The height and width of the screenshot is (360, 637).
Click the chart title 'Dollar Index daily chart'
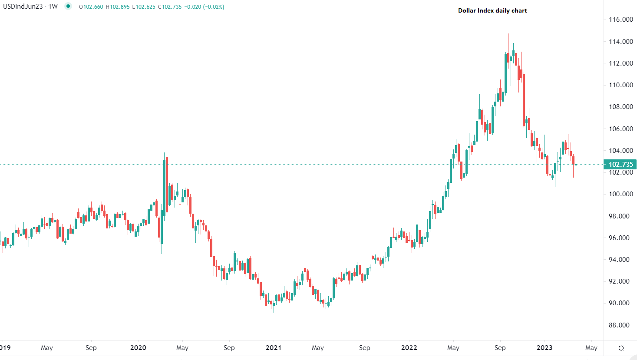(x=492, y=10)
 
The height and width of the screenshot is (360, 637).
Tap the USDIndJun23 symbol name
(x=23, y=7)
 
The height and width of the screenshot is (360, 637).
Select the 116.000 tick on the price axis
(x=620, y=20)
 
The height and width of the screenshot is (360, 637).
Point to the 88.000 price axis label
(x=620, y=325)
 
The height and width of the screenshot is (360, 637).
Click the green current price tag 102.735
(x=620, y=165)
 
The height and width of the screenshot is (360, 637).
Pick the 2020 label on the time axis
(x=138, y=348)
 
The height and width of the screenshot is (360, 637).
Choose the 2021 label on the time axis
(x=274, y=348)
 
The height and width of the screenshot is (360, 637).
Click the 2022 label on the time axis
(x=409, y=348)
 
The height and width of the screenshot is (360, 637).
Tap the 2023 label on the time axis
(x=545, y=348)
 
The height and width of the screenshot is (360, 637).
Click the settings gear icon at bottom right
(x=621, y=348)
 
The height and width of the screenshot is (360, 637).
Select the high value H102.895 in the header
(x=118, y=7)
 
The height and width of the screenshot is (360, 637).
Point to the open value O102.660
(x=91, y=7)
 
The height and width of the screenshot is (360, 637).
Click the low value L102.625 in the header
(x=144, y=7)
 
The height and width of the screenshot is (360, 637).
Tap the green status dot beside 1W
(x=68, y=7)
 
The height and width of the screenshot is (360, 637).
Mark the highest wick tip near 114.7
(x=508, y=34)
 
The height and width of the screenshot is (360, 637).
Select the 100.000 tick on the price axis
(x=620, y=194)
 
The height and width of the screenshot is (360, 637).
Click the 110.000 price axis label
(x=620, y=85)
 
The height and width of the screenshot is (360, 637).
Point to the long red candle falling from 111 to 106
(x=524, y=100)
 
